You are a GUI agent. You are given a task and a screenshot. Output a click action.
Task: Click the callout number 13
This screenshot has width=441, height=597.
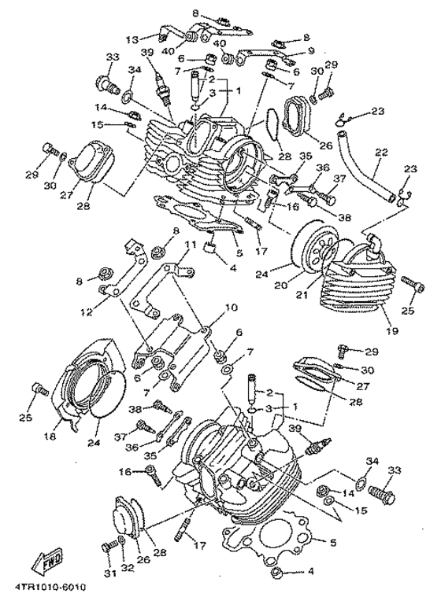132,39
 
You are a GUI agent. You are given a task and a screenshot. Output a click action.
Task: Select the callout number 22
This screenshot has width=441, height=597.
382,153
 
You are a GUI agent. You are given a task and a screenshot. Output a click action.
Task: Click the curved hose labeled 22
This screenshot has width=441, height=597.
370,175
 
